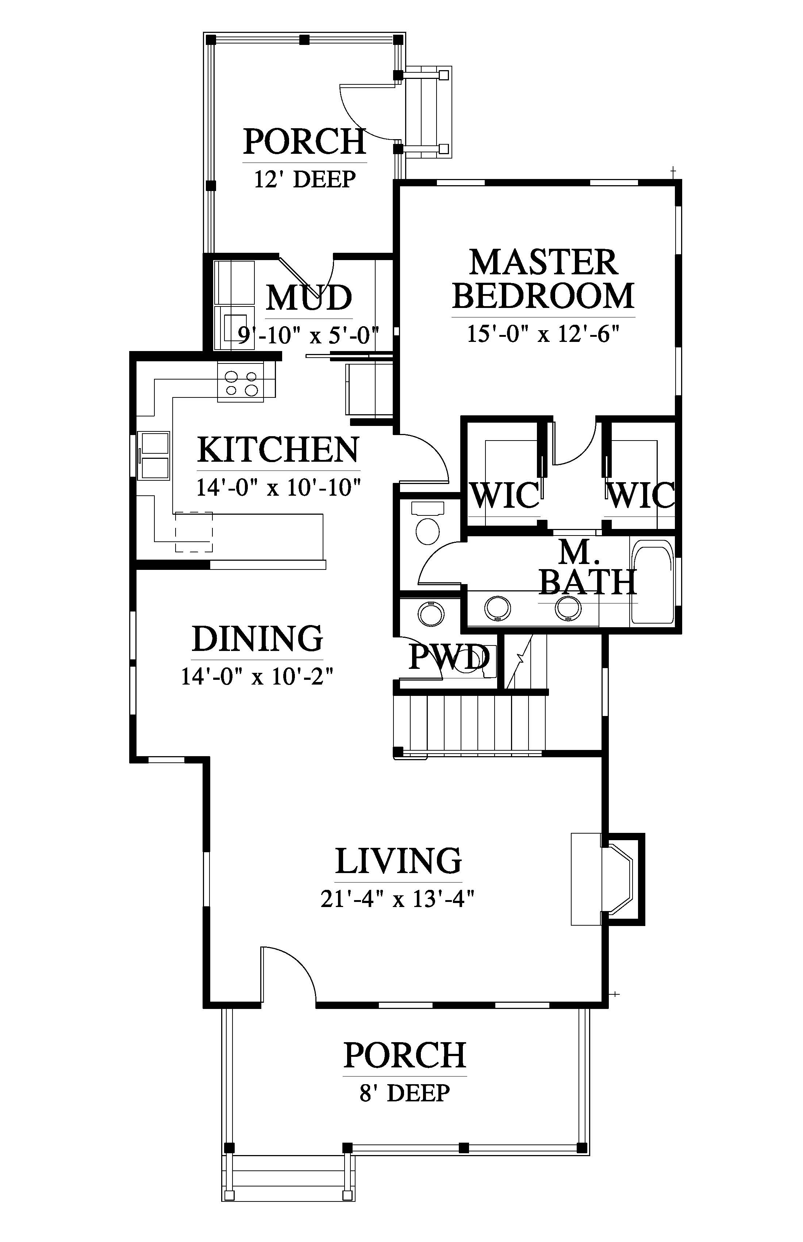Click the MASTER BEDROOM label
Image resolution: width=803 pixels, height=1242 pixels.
(543, 279)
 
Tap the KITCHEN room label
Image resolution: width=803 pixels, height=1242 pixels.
(278, 449)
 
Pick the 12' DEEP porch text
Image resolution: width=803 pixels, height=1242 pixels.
(305, 179)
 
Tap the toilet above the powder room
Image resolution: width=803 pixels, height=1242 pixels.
(427, 523)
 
